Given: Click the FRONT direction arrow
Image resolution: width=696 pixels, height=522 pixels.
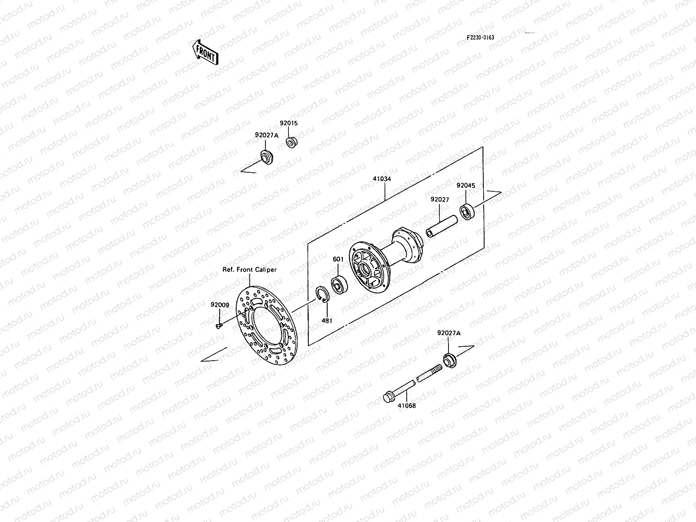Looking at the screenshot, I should [x=204, y=52].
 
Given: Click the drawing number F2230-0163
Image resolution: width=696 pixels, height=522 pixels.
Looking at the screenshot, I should [x=480, y=37].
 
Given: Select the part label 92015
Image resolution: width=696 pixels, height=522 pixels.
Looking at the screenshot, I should [x=289, y=123].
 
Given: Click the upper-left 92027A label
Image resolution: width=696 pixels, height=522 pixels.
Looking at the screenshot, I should [x=266, y=135].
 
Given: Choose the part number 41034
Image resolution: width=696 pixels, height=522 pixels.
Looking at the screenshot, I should [x=381, y=178].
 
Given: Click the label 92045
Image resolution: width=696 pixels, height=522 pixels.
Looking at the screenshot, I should [x=465, y=185].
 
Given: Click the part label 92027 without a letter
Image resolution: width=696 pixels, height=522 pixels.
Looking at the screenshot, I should [x=439, y=199].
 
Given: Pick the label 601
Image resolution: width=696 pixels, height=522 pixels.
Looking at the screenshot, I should [x=338, y=260].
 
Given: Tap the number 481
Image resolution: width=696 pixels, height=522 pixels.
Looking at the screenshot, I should [x=327, y=321].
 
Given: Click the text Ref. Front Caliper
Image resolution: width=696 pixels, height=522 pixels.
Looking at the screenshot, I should [x=249, y=270].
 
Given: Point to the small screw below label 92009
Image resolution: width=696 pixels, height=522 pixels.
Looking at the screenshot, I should [x=218, y=325].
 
